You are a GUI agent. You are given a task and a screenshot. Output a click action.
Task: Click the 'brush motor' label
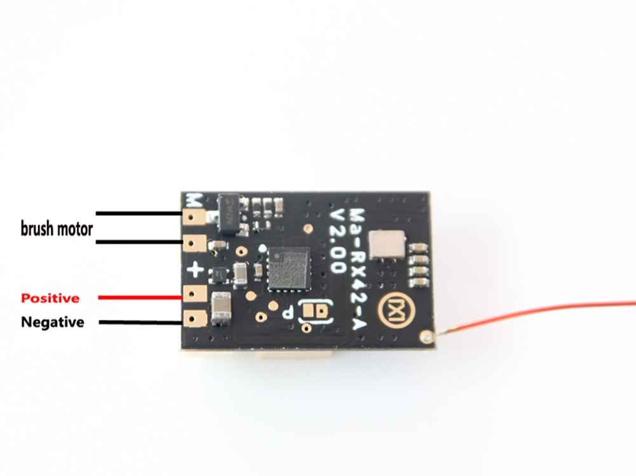(57, 229)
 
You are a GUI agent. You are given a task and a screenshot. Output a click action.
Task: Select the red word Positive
(50, 298)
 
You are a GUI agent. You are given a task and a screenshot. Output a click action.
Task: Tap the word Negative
(53, 322)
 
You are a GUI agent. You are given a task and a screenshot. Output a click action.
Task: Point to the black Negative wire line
(141, 322)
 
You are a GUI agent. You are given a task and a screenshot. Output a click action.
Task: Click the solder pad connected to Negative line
(194, 319)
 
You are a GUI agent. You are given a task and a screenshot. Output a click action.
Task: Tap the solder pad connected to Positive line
(194, 294)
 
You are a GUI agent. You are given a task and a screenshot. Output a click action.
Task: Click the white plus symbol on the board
(195, 269)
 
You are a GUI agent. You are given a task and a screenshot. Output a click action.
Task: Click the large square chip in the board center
(288, 268)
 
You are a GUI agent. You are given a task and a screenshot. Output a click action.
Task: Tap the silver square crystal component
(386, 244)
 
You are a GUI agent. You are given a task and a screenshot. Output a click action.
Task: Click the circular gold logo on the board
(392, 310)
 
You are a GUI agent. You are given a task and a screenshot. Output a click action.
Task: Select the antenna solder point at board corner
(426, 336)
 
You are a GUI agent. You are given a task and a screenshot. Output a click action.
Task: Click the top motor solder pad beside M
(194, 218)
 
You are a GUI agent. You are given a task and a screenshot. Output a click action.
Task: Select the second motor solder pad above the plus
(194, 244)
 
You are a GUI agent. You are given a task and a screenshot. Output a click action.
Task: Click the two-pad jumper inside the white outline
(315, 311)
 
